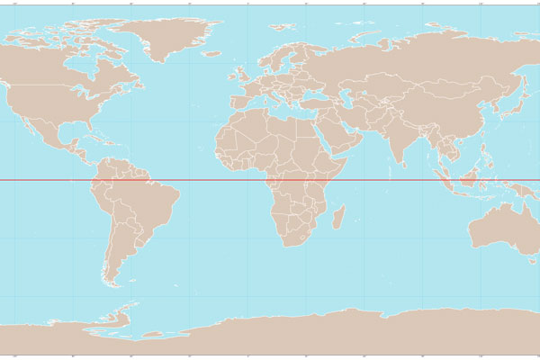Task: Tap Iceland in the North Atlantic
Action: [x=211, y=53]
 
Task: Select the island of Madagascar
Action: [x=339, y=216]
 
